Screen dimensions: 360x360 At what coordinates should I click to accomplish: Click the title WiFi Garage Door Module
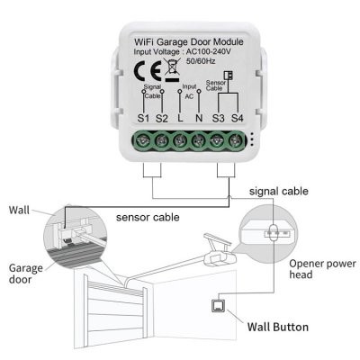190,41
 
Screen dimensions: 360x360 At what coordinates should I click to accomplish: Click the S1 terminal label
144,118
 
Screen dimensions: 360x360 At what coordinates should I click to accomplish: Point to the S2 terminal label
162,118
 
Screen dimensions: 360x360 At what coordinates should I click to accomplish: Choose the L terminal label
181,118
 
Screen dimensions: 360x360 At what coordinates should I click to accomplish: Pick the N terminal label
199,118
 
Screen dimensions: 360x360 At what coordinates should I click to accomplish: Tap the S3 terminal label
219,118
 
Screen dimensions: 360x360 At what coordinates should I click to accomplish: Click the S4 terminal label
237,118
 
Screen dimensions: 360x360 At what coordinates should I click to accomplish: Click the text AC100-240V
220,53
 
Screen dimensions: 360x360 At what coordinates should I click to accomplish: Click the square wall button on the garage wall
217,303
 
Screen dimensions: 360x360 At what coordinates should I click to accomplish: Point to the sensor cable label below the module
148,217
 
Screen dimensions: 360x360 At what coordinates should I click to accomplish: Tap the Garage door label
24,274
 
